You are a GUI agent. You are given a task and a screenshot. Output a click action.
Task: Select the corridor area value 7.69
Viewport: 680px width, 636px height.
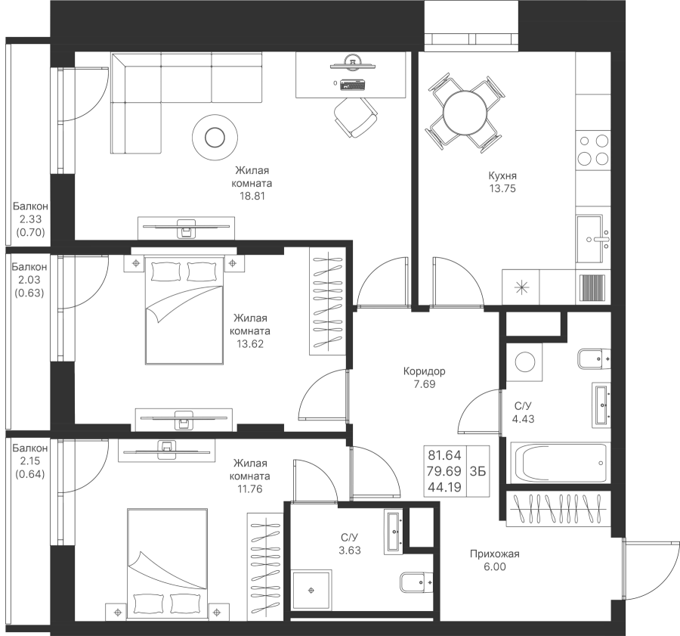point(425,384)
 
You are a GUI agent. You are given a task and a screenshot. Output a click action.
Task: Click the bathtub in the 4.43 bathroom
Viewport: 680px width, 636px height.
point(561,462)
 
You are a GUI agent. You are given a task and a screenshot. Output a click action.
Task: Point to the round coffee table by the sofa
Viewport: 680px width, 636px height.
point(214,136)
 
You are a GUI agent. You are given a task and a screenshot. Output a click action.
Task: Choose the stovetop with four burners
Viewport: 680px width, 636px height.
point(592,149)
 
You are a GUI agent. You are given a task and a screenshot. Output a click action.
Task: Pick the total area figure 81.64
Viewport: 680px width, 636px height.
point(445,455)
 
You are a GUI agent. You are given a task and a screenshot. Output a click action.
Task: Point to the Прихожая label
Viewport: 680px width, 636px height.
point(494,554)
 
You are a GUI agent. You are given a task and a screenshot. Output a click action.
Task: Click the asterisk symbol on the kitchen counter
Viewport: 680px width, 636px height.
point(521,287)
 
